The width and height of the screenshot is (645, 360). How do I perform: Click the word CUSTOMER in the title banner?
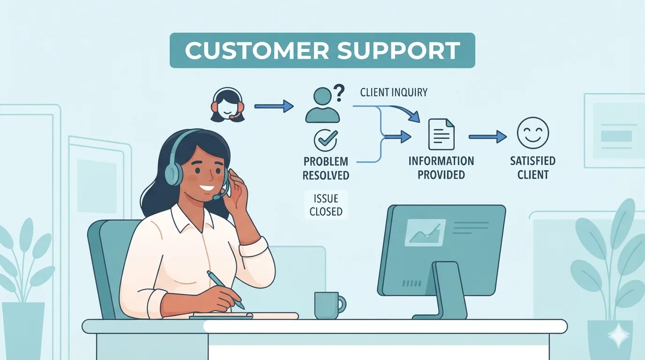point(257,51)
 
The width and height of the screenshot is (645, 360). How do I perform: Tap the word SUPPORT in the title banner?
point(399,51)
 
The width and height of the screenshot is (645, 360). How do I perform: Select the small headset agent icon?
point(227,105)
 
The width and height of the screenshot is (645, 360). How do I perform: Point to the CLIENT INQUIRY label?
point(394,92)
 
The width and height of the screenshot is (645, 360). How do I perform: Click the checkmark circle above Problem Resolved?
point(326,140)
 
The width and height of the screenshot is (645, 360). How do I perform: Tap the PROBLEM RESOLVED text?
point(326,168)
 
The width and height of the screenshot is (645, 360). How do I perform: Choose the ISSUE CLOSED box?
point(326,205)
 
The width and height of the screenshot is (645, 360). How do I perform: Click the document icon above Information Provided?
point(441,134)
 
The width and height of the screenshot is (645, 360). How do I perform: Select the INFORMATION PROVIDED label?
point(441,168)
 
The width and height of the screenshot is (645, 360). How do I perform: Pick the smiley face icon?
point(532,133)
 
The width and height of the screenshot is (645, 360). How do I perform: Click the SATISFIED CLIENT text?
point(532,168)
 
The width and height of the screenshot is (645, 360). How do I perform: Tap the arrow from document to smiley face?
point(488,137)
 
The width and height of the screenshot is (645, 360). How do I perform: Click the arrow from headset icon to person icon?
point(274,106)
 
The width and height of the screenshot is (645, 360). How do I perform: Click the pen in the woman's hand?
point(225,289)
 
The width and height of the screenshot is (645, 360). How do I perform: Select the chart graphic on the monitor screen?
point(425,232)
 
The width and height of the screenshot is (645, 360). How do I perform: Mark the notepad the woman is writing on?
point(244,316)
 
